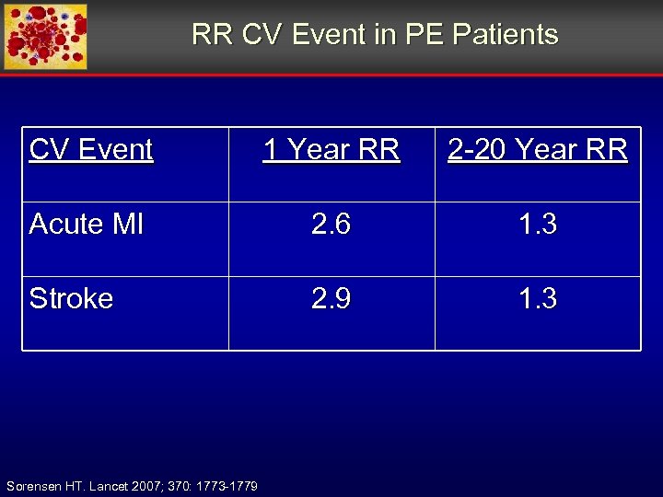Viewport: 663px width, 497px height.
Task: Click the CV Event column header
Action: [90, 149]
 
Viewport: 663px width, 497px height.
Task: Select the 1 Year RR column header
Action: [331, 149]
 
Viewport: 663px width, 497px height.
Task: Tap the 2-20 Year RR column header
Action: [538, 149]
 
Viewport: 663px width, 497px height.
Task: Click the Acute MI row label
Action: [86, 224]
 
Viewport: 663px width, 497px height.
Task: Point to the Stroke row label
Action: [71, 298]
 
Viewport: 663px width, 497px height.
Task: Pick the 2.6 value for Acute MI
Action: [331, 224]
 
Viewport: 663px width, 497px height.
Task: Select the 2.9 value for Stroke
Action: [331, 298]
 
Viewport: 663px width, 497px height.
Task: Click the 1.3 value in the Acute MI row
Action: [538, 224]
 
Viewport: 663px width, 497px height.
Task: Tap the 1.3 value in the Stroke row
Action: [538, 298]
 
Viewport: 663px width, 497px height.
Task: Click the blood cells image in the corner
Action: [46, 37]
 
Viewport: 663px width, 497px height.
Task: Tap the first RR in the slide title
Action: [213, 35]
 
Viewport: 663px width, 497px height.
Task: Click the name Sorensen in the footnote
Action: [33, 486]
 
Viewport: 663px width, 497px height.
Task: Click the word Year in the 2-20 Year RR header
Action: [549, 149]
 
